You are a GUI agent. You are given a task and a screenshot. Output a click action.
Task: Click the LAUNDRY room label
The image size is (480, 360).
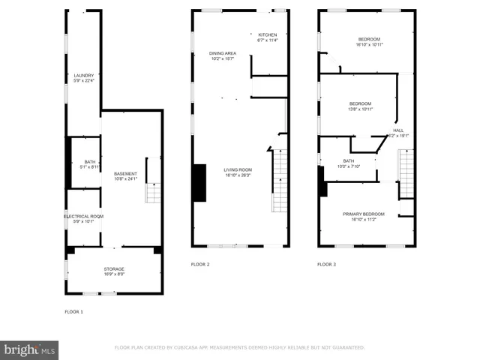point(84,75)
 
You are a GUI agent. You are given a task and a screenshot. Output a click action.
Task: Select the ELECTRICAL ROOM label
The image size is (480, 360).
point(83,216)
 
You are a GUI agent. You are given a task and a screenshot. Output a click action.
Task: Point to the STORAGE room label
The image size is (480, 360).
point(114,268)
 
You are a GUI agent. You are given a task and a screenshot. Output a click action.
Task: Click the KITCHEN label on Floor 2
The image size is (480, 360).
point(268,35)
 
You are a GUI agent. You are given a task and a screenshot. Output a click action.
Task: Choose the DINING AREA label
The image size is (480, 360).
point(223,53)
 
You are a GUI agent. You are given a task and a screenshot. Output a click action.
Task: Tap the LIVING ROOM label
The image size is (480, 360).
point(237,169)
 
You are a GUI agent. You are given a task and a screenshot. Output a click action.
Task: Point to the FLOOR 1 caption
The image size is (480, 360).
point(74,311)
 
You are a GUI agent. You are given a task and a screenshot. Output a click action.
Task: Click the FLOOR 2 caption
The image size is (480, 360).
point(200,265)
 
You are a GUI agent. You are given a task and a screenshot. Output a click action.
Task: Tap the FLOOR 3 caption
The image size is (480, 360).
point(326,265)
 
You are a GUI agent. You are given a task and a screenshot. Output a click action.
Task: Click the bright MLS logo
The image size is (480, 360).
point(30,349)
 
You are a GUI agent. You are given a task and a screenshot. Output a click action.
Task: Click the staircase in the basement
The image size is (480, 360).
point(153,192)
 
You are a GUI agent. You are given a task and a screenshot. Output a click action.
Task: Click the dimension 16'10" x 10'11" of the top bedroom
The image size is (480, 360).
point(369,44)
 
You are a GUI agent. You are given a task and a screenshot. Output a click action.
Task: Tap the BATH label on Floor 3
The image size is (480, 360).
point(349,160)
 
